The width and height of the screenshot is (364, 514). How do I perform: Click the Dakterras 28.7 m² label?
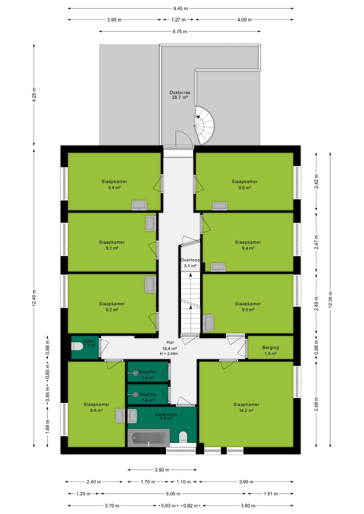click(x=180, y=95)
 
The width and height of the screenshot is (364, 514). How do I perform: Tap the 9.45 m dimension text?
click(x=181, y=9)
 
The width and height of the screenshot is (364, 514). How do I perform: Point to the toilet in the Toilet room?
click(x=77, y=346)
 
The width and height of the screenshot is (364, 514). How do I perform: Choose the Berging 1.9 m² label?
click(x=270, y=350)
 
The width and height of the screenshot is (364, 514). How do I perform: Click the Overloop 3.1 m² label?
click(x=190, y=263)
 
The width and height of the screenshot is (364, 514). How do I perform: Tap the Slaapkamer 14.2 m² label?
click(x=246, y=407)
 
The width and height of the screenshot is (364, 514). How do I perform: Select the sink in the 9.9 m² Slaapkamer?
click(x=220, y=206)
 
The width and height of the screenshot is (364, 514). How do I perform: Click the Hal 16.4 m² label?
click(x=170, y=345)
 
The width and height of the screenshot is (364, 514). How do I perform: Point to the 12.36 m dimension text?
click(x=330, y=300)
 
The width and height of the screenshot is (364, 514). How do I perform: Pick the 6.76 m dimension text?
click(x=180, y=32)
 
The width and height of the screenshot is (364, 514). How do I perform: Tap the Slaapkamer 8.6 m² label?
click(x=96, y=407)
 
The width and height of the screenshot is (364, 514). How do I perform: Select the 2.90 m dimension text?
click(x=162, y=470)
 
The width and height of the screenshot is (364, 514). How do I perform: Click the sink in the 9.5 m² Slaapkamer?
click(x=208, y=323)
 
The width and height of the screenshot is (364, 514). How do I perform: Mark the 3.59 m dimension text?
click(x=316, y=404)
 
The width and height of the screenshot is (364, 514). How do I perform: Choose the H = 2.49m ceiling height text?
click(x=169, y=354)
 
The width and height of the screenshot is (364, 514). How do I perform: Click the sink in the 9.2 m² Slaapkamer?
click(x=151, y=284)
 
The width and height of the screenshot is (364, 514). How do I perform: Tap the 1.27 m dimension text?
click(x=179, y=20)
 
